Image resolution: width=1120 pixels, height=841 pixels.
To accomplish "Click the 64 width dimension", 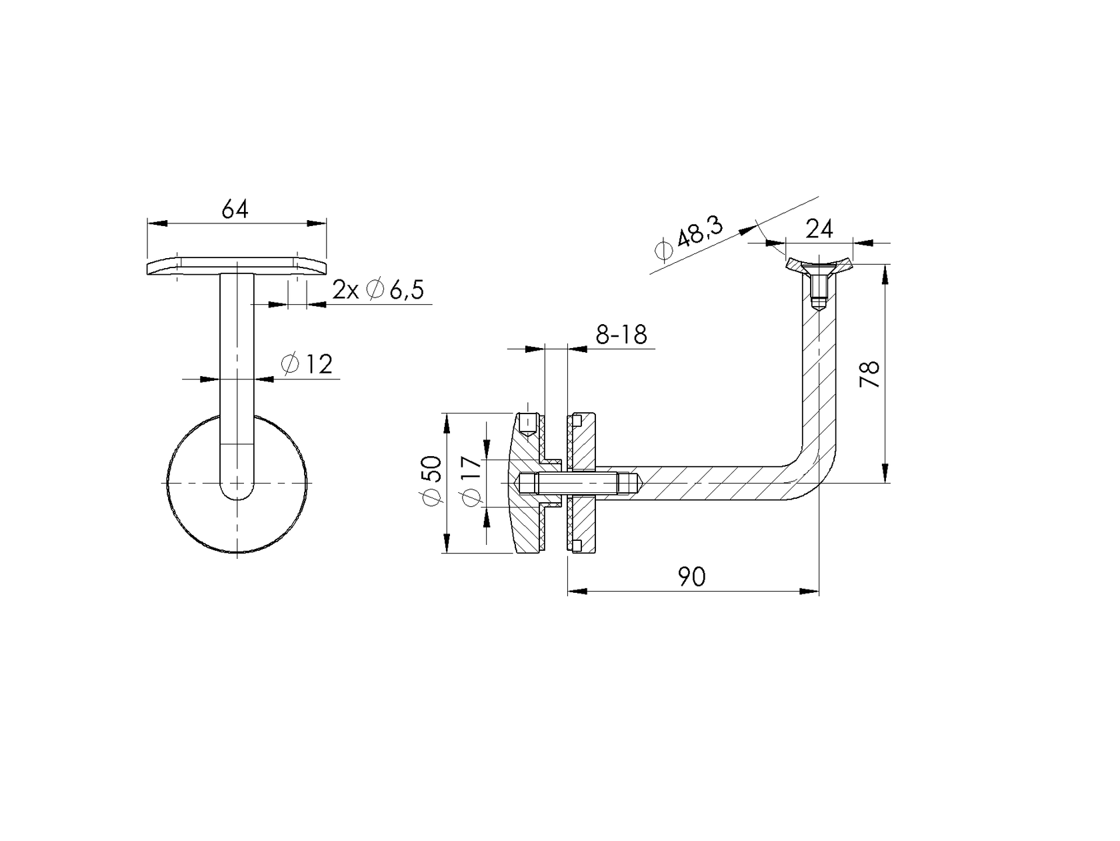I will point(235,209).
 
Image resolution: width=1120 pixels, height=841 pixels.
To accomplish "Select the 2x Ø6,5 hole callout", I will point(378,290).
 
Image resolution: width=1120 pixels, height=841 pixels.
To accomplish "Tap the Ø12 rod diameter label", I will point(307,364).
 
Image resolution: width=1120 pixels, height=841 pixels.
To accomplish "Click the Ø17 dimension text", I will point(471,482).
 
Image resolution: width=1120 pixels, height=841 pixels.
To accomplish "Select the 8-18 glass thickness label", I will point(621,334).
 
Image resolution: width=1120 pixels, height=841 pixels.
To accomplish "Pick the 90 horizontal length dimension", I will point(692,576).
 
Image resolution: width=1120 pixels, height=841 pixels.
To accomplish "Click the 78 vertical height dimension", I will point(870,374).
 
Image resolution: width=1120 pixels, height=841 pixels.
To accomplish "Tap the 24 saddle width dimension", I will point(819,229).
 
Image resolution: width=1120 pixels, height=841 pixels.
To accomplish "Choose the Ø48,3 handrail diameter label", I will point(689,240).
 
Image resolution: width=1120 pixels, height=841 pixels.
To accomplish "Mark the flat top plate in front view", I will point(236,266).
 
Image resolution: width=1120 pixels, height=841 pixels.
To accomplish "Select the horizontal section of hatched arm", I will point(707,482).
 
